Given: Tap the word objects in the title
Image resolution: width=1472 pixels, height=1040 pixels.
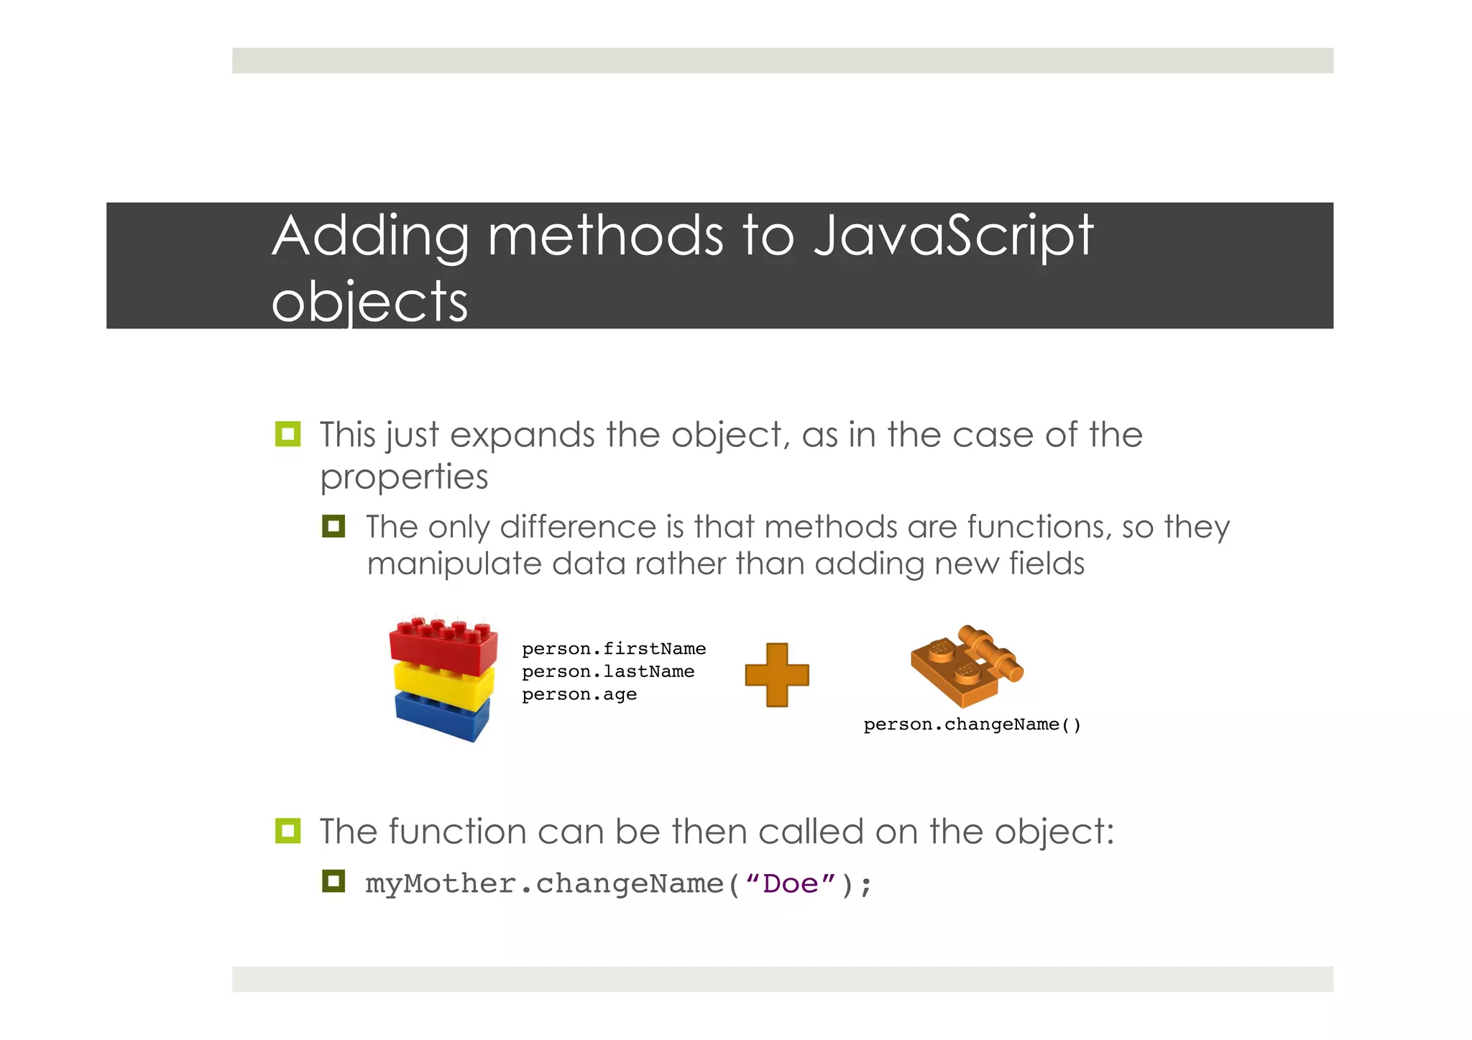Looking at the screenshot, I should point(369,302).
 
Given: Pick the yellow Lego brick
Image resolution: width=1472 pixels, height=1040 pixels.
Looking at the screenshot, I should point(443,684).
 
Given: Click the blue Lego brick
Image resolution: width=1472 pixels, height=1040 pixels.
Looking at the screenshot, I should point(443,714).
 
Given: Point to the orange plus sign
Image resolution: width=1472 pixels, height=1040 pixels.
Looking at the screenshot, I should point(777,674).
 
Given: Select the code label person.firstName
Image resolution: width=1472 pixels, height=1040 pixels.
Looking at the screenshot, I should point(614,649).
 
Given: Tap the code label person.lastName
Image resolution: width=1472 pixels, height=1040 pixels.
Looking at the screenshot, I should point(608,671).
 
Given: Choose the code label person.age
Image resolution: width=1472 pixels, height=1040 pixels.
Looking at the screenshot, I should point(579,694).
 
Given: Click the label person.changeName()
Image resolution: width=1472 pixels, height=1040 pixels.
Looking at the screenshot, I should point(972,724).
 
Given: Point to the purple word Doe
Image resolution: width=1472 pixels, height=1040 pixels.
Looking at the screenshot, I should point(791,884).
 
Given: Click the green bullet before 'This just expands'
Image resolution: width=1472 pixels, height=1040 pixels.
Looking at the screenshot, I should point(287,434).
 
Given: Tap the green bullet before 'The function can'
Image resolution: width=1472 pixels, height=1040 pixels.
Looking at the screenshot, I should point(287,831).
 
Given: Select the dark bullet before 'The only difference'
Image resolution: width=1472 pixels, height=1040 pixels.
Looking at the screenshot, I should point(333,526).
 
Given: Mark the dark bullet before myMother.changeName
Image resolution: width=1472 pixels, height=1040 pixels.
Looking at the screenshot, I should point(333,881).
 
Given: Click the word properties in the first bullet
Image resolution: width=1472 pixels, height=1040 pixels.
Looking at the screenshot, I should point(404,477).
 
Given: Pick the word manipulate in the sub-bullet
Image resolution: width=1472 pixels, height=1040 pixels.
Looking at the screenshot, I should point(453,564).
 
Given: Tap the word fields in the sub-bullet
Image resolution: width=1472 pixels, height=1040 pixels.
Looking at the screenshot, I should point(1046,564).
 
